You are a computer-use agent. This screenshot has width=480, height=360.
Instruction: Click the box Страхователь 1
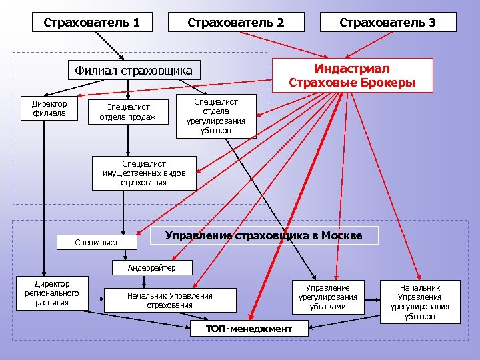point(92,22)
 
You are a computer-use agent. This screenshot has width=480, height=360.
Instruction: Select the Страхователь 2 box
point(235,22)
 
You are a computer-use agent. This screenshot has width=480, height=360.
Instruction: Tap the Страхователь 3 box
point(387,22)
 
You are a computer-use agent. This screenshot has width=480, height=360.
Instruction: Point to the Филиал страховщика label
point(133,70)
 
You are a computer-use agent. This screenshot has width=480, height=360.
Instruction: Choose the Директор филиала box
point(44,108)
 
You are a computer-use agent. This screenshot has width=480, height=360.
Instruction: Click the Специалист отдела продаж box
point(127,112)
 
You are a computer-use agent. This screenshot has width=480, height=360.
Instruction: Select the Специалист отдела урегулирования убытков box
point(215,116)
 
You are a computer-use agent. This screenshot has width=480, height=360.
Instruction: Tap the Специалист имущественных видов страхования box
point(143,173)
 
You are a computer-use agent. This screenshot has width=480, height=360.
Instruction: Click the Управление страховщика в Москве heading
point(263,235)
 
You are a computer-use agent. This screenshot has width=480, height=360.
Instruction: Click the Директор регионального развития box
point(51,293)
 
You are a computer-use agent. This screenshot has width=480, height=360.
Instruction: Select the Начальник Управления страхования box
point(169,301)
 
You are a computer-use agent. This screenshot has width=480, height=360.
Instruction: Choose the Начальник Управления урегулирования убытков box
point(419,301)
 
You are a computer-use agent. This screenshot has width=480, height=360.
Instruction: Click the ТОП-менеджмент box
point(249,328)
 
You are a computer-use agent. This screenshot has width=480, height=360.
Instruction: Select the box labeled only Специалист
point(97,243)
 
